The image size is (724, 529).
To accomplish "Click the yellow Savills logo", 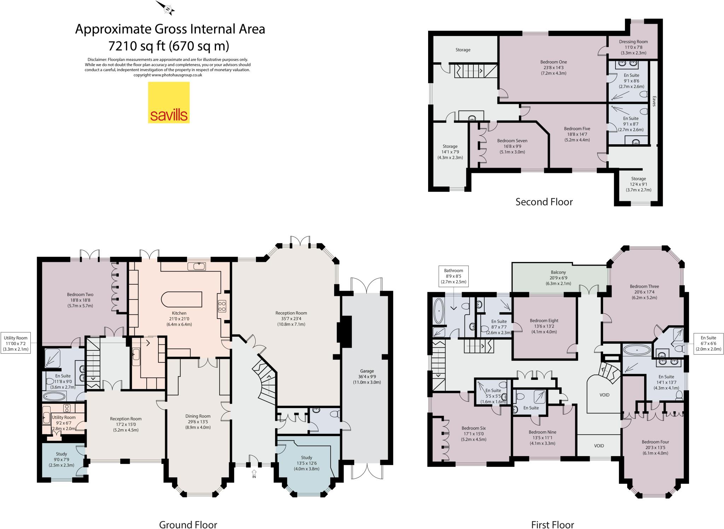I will pos(169,103).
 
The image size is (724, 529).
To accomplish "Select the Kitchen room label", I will pos(179,313).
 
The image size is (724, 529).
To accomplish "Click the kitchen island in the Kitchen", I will pos(182,300).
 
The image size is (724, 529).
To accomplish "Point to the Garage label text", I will pos(367,371).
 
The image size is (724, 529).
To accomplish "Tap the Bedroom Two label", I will pos(80,295).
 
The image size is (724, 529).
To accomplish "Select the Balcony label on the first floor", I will pos(558,272).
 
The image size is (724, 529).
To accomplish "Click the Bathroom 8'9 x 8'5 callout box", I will pos(453,276).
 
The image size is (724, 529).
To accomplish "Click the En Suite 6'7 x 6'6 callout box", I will pos(708,343).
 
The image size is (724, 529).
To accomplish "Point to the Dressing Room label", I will pos(633,42).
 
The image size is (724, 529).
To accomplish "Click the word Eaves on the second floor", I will pos(654,101).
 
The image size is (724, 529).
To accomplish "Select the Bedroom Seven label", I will pos(507,141).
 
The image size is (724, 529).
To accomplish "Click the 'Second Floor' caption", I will pos(544,202).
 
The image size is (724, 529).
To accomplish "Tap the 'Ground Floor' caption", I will pos(188,524).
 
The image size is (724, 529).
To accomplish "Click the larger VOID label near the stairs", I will pos(604,395).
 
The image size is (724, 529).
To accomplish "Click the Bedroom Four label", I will pos(655,442).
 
